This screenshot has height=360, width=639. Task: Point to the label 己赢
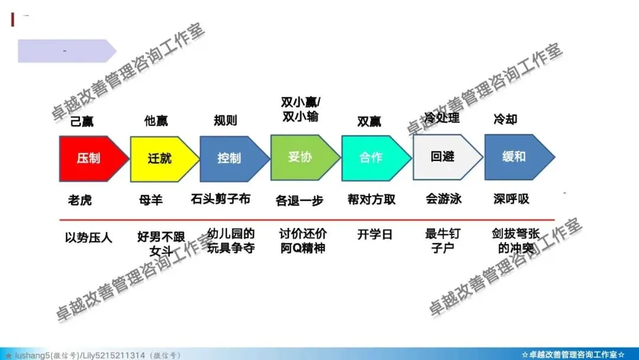[x=82, y=121]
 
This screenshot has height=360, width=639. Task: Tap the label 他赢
[x=156, y=121]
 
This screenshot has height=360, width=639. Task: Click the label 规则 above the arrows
[x=225, y=121]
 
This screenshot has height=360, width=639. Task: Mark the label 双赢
[x=369, y=121]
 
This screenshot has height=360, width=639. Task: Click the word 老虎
[x=80, y=200]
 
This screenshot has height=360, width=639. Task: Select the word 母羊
[x=151, y=200]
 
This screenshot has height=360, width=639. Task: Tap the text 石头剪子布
[x=221, y=199]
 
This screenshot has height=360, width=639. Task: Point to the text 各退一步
[x=299, y=201]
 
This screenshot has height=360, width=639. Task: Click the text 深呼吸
[x=511, y=199]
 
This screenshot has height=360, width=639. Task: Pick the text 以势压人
[x=89, y=237]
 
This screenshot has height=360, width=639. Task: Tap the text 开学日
[x=375, y=234]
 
